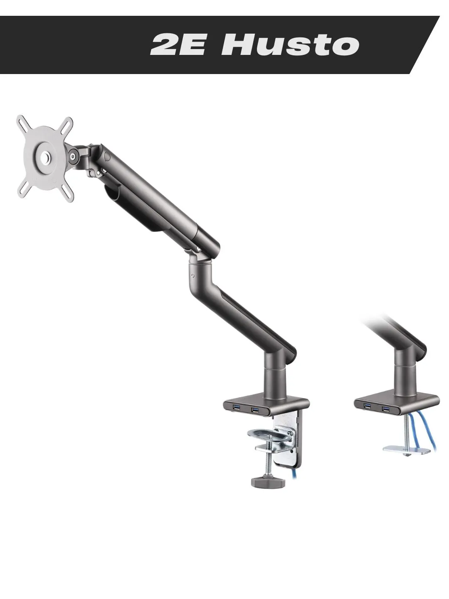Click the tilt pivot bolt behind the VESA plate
pos(73,157)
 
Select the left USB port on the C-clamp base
pos(237,407)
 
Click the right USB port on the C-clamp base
pos(255,409)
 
